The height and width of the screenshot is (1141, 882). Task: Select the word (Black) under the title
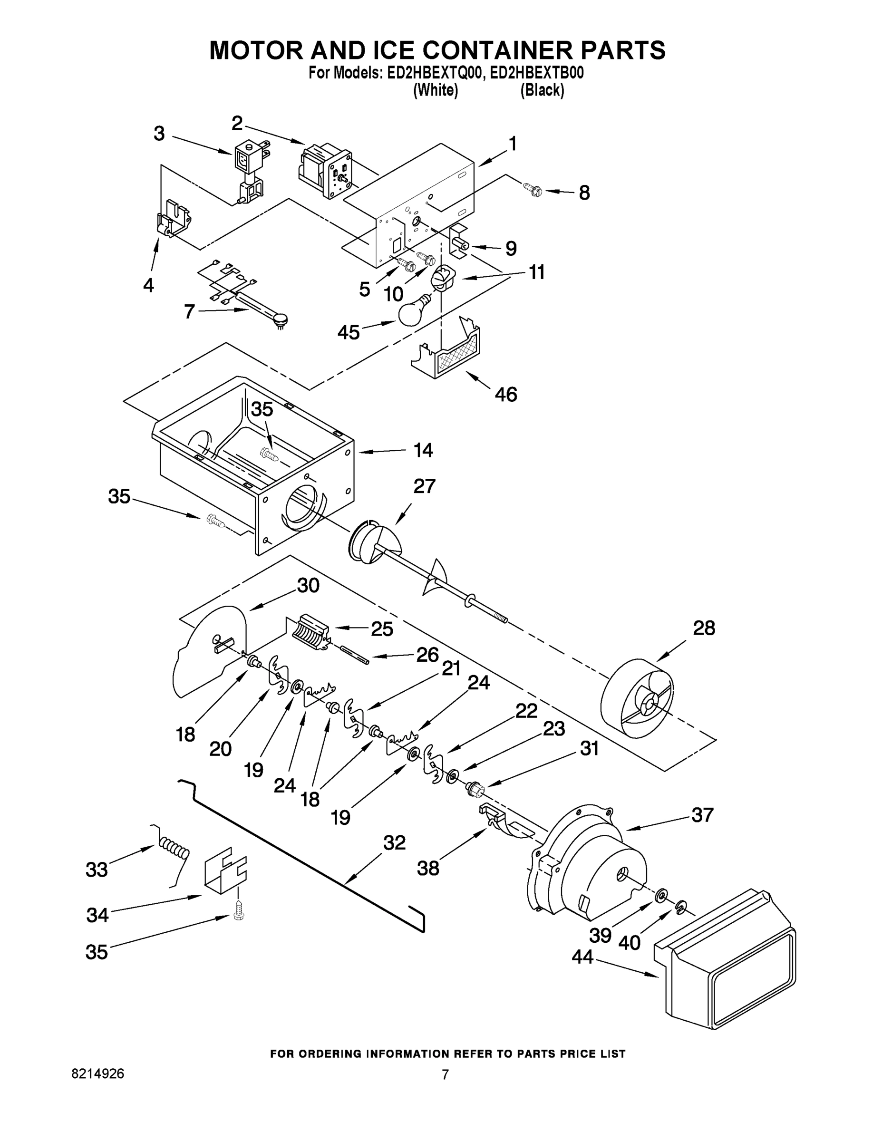pyautogui.click(x=542, y=90)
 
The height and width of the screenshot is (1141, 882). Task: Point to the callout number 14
pyautogui.click(x=423, y=450)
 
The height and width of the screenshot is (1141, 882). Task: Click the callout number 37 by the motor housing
pyautogui.click(x=702, y=814)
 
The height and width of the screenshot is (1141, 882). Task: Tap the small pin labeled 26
pyautogui.click(x=355, y=654)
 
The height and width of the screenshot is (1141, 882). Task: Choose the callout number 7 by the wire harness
pyautogui.click(x=189, y=312)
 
